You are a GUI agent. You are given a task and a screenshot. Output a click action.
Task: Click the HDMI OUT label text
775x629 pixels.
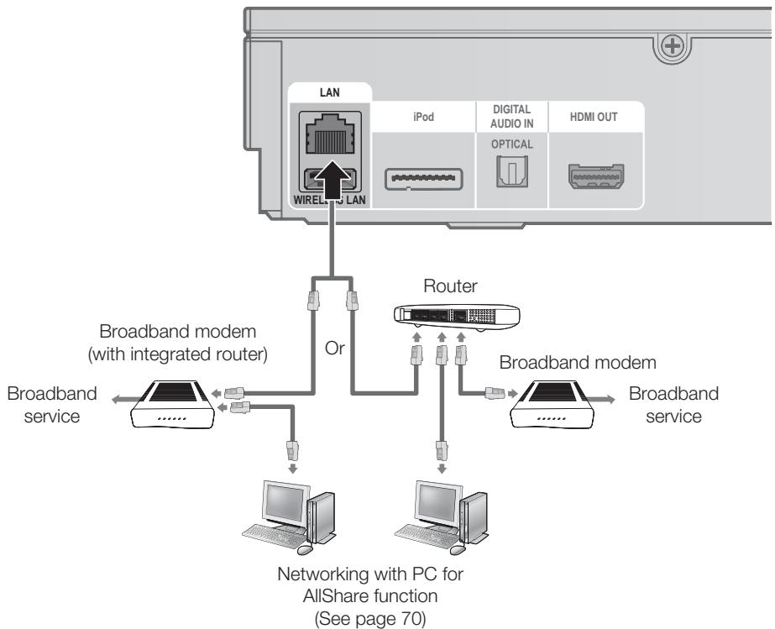596,117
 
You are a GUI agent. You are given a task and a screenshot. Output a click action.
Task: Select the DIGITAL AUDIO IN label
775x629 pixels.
511,118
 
